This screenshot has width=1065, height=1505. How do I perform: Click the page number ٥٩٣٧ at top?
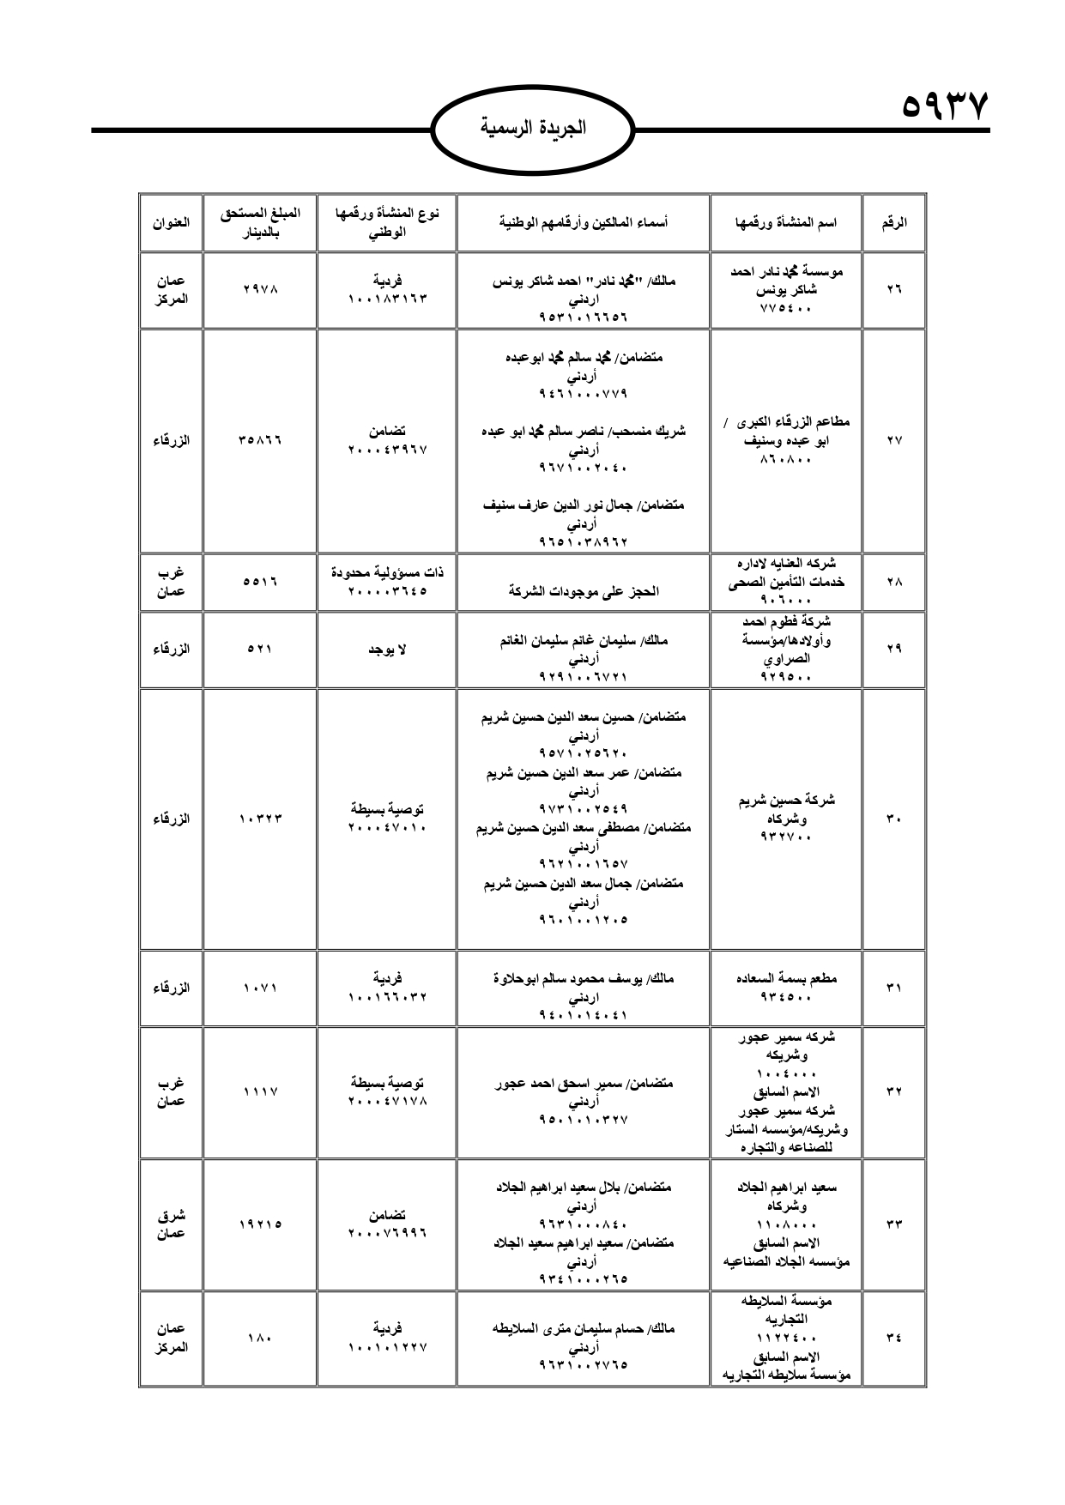tap(945, 108)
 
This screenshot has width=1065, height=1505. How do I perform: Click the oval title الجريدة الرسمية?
tap(533, 128)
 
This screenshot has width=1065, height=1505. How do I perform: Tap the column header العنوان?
tap(171, 222)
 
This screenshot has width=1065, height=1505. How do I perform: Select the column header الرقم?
tap(894, 222)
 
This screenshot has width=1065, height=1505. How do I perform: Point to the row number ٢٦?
tap(894, 289)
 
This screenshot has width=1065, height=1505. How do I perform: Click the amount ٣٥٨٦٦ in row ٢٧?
tap(260, 440)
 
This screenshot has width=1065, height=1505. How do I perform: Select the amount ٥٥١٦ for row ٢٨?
tap(260, 582)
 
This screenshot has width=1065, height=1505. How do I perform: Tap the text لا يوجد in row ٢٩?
tap(387, 650)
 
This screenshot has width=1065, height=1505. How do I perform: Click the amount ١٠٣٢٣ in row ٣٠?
tap(260, 819)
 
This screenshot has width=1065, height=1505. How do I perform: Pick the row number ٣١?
tap(894, 988)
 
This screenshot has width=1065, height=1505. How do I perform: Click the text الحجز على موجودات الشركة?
tap(584, 591)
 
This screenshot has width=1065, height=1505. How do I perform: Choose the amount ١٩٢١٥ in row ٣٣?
tap(260, 1224)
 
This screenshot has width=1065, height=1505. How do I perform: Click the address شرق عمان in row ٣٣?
tap(171, 1224)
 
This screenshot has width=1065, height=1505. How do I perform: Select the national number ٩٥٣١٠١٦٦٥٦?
tap(584, 317)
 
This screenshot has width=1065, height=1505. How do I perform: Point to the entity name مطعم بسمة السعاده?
tap(786, 978)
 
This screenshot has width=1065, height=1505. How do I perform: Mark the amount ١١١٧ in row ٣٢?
tap(260, 1091)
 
